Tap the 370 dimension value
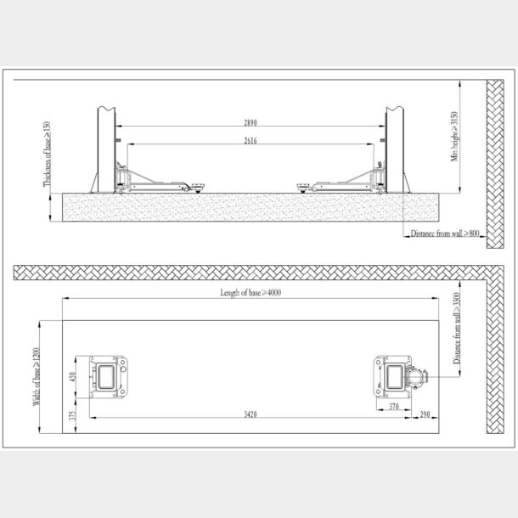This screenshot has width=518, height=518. coord(394,408)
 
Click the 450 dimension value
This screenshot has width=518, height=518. coord(74,376)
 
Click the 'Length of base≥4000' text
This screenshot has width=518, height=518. coord(251,293)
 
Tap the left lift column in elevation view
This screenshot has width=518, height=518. coord(106,144)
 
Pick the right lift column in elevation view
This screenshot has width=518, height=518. coord(397,144)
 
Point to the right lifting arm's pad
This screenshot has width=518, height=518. coord(304,187)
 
